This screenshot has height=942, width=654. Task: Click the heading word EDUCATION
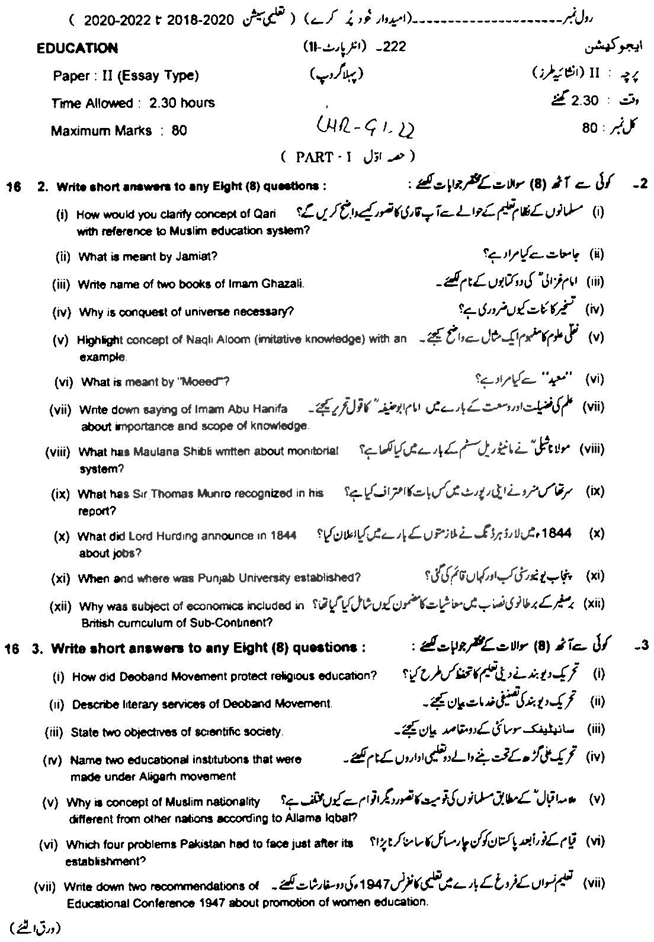77,49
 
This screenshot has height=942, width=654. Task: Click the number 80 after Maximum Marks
179,131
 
